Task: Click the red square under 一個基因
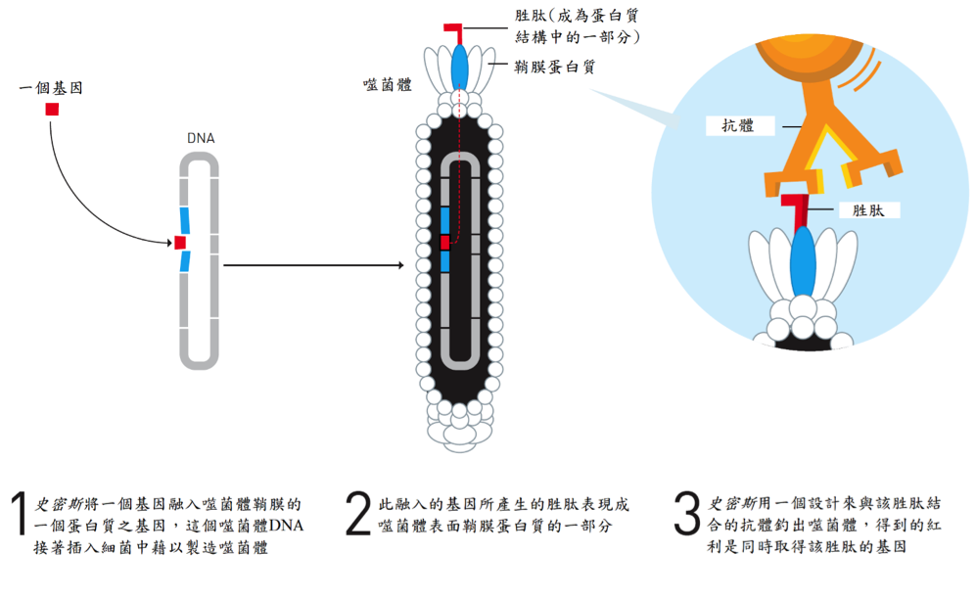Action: [52, 109]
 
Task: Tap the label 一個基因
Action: [51, 88]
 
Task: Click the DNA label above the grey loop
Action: [201, 138]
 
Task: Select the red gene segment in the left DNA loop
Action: [180, 242]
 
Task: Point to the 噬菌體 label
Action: [387, 84]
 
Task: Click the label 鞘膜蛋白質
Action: [555, 66]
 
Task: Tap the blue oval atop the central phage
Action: [459, 66]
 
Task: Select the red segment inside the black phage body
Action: [444, 242]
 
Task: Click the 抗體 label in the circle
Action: [738, 125]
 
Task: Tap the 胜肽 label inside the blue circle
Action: [868, 210]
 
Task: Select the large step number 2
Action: [358, 514]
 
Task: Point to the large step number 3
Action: [687, 514]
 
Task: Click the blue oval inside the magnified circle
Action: [803, 261]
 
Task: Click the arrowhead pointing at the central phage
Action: [400, 265]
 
